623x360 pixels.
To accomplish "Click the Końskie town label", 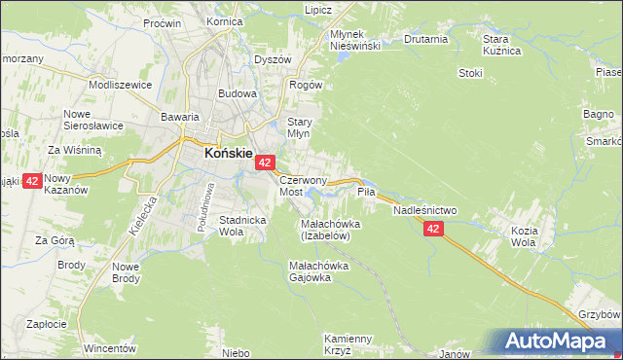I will pos(228,153).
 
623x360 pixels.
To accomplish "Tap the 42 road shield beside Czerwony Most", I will pos(267,165).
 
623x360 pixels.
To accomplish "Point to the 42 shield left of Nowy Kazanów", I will pos(31,181).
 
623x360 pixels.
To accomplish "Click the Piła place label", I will pos(366,193).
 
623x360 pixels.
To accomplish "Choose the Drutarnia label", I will pos(424,40).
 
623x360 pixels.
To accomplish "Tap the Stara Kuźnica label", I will pos(502,44).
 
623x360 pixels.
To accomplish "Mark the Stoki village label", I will pos(470,72).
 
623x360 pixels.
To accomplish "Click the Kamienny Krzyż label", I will pos(348,343).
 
